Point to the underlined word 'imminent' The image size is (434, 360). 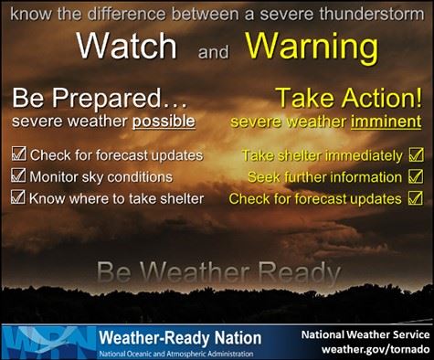tap(387, 121)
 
